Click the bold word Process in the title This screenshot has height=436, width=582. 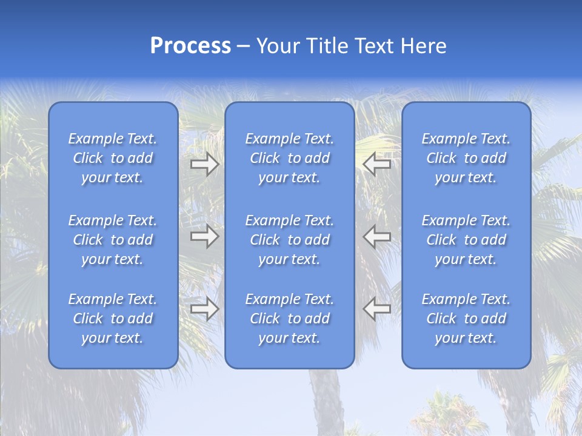[x=190, y=46]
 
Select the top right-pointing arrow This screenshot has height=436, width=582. [x=204, y=164]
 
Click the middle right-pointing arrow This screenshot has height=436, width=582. [x=204, y=236]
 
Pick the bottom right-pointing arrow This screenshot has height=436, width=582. [x=204, y=309]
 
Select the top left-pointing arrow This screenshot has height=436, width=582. [x=376, y=164]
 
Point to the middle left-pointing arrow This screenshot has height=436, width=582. [x=376, y=236]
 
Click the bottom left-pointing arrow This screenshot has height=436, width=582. [x=376, y=309]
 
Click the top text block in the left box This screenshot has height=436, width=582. [x=113, y=158]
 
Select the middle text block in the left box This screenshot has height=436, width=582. [x=113, y=240]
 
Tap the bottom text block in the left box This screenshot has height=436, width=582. [x=113, y=319]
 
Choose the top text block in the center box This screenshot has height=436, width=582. [x=290, y=158]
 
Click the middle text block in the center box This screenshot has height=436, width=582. [x=290, y=240]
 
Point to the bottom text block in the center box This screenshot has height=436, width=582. [x=290, y=319]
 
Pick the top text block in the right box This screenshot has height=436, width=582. [x=466, y=158]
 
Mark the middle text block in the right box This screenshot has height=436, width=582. [x=466, y=240]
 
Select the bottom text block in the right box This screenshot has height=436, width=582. [x=466, y=319]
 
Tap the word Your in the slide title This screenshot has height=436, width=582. [x=276, y=46]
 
